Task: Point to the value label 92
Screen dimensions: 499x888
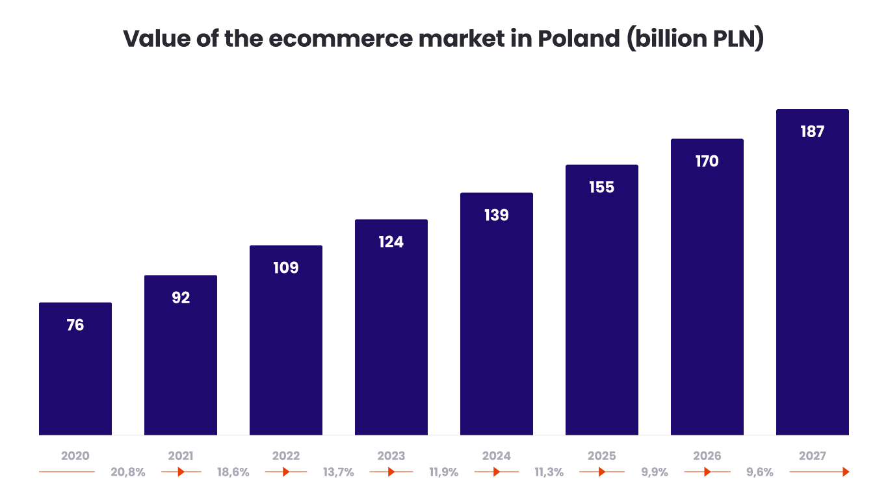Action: click(x=181, y=298)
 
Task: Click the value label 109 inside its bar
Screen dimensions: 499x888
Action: click(x=286, y=268)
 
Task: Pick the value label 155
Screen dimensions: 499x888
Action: click(x=602, y=187)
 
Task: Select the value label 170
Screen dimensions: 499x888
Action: click(x=707, y=161)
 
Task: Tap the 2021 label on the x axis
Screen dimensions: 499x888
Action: click(x=181, y=456)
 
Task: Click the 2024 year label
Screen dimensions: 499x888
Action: click(x=497, y=456)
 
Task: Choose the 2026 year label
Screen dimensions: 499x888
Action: click(x=707, y=456)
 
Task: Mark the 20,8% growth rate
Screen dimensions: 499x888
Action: click(x=128, y=472)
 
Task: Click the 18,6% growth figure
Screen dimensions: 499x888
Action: click(x=233, y=472)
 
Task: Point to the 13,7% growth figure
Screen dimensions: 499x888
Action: click(x=339, y=472)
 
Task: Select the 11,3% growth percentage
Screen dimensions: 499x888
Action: click(x=549, y=472)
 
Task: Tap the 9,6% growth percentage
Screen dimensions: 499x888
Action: click(x=760, y=472)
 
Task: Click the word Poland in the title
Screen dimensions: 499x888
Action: click(x=579, y=39)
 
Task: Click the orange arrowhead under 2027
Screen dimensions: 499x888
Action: click(x=846, y=472)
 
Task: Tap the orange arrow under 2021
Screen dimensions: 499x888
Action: click(x=181, y=472)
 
